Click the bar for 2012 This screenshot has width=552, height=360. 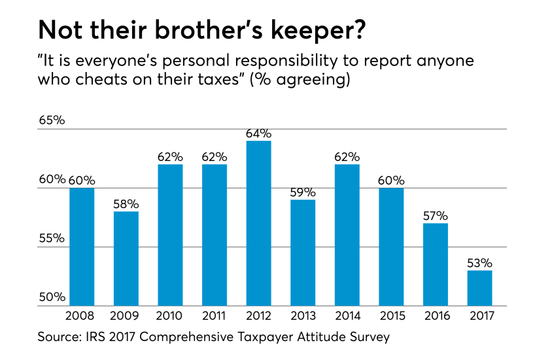tap(258, 223)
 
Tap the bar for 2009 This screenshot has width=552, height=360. tap(126, 258)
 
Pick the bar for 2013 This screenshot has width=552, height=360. tap(302, 252)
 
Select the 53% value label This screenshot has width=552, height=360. tap(479, 263)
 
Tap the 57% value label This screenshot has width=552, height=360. tap(435, 216)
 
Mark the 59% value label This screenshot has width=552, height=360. tap(302, 192)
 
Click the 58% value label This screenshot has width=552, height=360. tap(126, 204)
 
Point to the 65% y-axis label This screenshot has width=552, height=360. tap(52, 121)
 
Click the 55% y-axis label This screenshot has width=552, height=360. tap(52, 239)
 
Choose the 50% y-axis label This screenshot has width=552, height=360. tap(52, 298)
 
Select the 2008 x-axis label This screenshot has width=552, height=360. tap(82, 315)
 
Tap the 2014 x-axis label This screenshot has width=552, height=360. tap(347, 315)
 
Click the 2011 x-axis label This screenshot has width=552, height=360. tap(214, 315)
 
